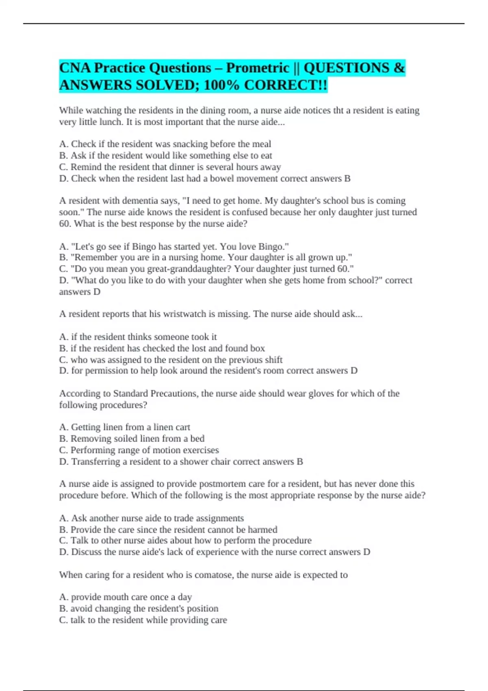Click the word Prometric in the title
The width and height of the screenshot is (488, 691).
pyautogui.click(x=257, y=68)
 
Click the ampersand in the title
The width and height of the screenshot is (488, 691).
pyautogui.click(x=399, y=68)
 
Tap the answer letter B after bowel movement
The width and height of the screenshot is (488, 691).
pyautogui.click(x=347, y=178)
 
